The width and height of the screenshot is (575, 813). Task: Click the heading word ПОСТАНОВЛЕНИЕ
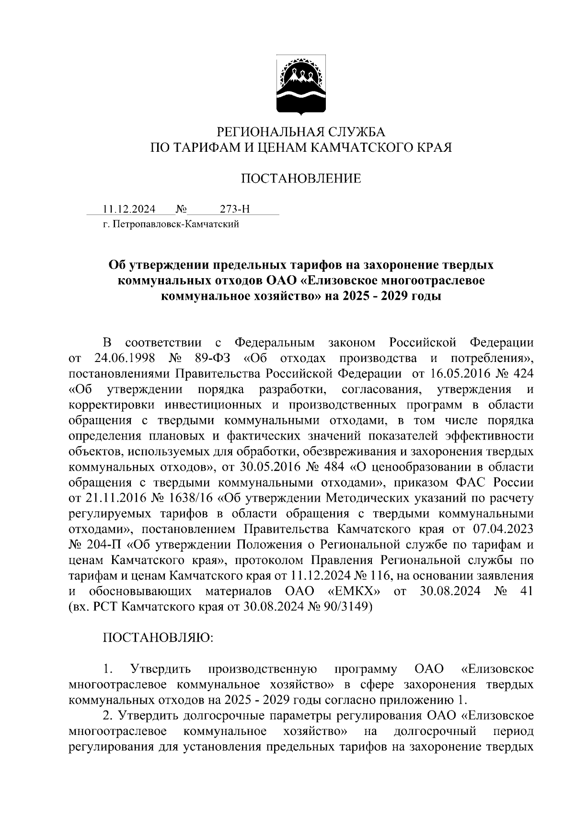pos(300,179)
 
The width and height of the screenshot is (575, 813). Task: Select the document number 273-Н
pos(235,209)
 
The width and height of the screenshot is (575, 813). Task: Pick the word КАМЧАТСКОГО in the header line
pos(365,147)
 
